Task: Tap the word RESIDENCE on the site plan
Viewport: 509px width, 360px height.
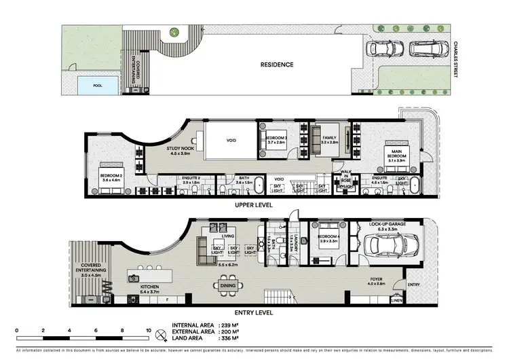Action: coord(278,65)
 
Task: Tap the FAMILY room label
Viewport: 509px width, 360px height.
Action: coord(329,140)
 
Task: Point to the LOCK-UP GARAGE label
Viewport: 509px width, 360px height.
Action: coord(388,225)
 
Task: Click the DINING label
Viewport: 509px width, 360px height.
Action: coord(228,286)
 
